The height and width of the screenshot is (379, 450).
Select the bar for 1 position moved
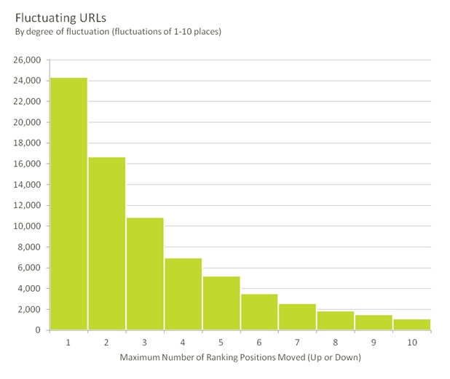click(x=68, y=204)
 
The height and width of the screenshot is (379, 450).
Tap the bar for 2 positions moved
click(x=106, y=244)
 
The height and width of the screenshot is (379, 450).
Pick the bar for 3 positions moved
click(x=144, y=274)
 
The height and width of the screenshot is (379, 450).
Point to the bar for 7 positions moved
click(x=297, y=316)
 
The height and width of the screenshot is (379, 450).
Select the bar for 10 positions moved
click(x=411, y=324)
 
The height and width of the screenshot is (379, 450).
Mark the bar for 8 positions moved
click(x=335, y=320)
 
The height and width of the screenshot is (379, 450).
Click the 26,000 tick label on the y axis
click(x=28, y=60)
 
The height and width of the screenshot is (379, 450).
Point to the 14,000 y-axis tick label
click(x=28, y=185)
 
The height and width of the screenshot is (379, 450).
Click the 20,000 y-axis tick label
click(x=28, y=122)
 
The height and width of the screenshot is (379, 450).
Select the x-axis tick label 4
click(x=183, y=342)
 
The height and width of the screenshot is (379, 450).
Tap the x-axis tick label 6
click(x=259, y=342)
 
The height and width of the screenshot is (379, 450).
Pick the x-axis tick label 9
click(x=374, y=342)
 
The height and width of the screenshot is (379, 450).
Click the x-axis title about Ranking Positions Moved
click(x=240, y=357)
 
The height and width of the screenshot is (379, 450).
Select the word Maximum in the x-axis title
click(x=138, y=357)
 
